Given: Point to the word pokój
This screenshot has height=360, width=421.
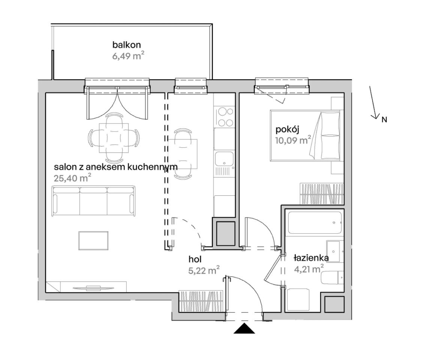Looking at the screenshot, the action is pyautogui.click(x=287, y=130).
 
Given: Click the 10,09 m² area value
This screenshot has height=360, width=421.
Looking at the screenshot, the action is pyautogui.click(x=293, y=140).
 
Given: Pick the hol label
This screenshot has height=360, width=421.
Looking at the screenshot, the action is pyautogui.click(x=195, y=259).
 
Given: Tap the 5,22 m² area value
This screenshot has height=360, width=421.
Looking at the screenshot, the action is pyautogui.click(x=204, y=270).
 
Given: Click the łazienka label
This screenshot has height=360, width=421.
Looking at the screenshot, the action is pyautogui.click(x=311, y=258).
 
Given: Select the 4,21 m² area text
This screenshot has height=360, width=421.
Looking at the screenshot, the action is pyautogui.click(x=309, y=268).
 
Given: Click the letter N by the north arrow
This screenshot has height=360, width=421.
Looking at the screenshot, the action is pyautogui.click(x=384, y=120).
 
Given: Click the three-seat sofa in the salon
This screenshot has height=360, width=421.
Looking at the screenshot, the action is pyautogui.click(x=93, y=201).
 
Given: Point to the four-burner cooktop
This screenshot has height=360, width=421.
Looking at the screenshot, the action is pyautogui.click(x=225, y=117).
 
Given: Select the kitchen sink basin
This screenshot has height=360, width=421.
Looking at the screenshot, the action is pyautogui.click(x=224, y=159).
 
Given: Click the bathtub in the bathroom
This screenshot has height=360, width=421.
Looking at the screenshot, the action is pyautogui.click(x=315, y=223).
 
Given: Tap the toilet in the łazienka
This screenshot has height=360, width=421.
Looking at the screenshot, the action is pyautogui.click(x=332, y=277).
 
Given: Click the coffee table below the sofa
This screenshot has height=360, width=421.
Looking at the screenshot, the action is pyautogui.click(x=93, y=241).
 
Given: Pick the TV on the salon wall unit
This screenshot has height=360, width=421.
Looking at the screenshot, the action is pyautogui.click(x=93, y=288).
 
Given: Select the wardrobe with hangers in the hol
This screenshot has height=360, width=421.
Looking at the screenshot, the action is pyautogui.click(x=201, y=301).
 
